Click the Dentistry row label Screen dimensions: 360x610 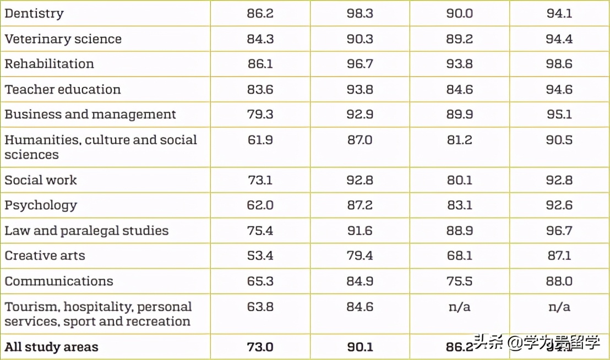34,13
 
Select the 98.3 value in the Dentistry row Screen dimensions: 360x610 360,13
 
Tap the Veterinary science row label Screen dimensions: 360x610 63,39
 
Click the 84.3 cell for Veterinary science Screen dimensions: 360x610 260,39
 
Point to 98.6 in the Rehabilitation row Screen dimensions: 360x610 559,64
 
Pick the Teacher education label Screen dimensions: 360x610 62,89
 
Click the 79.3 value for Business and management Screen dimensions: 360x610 260,114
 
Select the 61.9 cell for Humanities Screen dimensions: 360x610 260,140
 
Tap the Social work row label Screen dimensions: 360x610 41,180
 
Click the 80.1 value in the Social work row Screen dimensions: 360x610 459,180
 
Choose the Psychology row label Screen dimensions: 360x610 41,205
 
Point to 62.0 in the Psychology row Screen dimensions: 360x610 260,205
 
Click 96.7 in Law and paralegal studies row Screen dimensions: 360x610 559,231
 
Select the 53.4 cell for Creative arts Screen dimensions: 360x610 260,255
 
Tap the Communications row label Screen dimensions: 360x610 59,281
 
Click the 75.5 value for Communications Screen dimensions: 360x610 459,281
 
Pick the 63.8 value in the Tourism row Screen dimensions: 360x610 260,307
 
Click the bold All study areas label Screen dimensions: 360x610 51,347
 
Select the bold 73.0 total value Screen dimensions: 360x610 260,347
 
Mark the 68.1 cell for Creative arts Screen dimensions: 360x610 459,255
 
